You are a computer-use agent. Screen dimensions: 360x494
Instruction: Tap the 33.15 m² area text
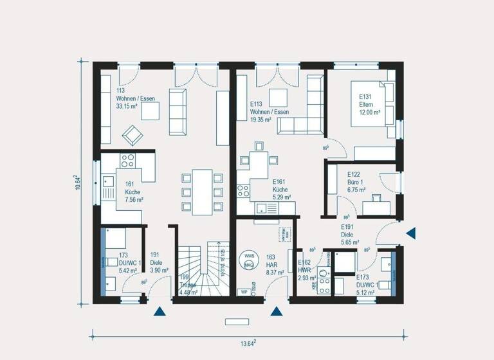(x=127, y=107)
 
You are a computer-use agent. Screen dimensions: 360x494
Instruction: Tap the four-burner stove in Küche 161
(x=128, y=161)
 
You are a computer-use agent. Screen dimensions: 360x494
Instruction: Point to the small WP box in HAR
(x=244, y=292)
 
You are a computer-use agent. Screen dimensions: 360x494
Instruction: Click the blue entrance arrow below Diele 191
(x=160, y=312)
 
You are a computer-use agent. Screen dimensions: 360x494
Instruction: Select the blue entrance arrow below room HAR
(x=277, y=312)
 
